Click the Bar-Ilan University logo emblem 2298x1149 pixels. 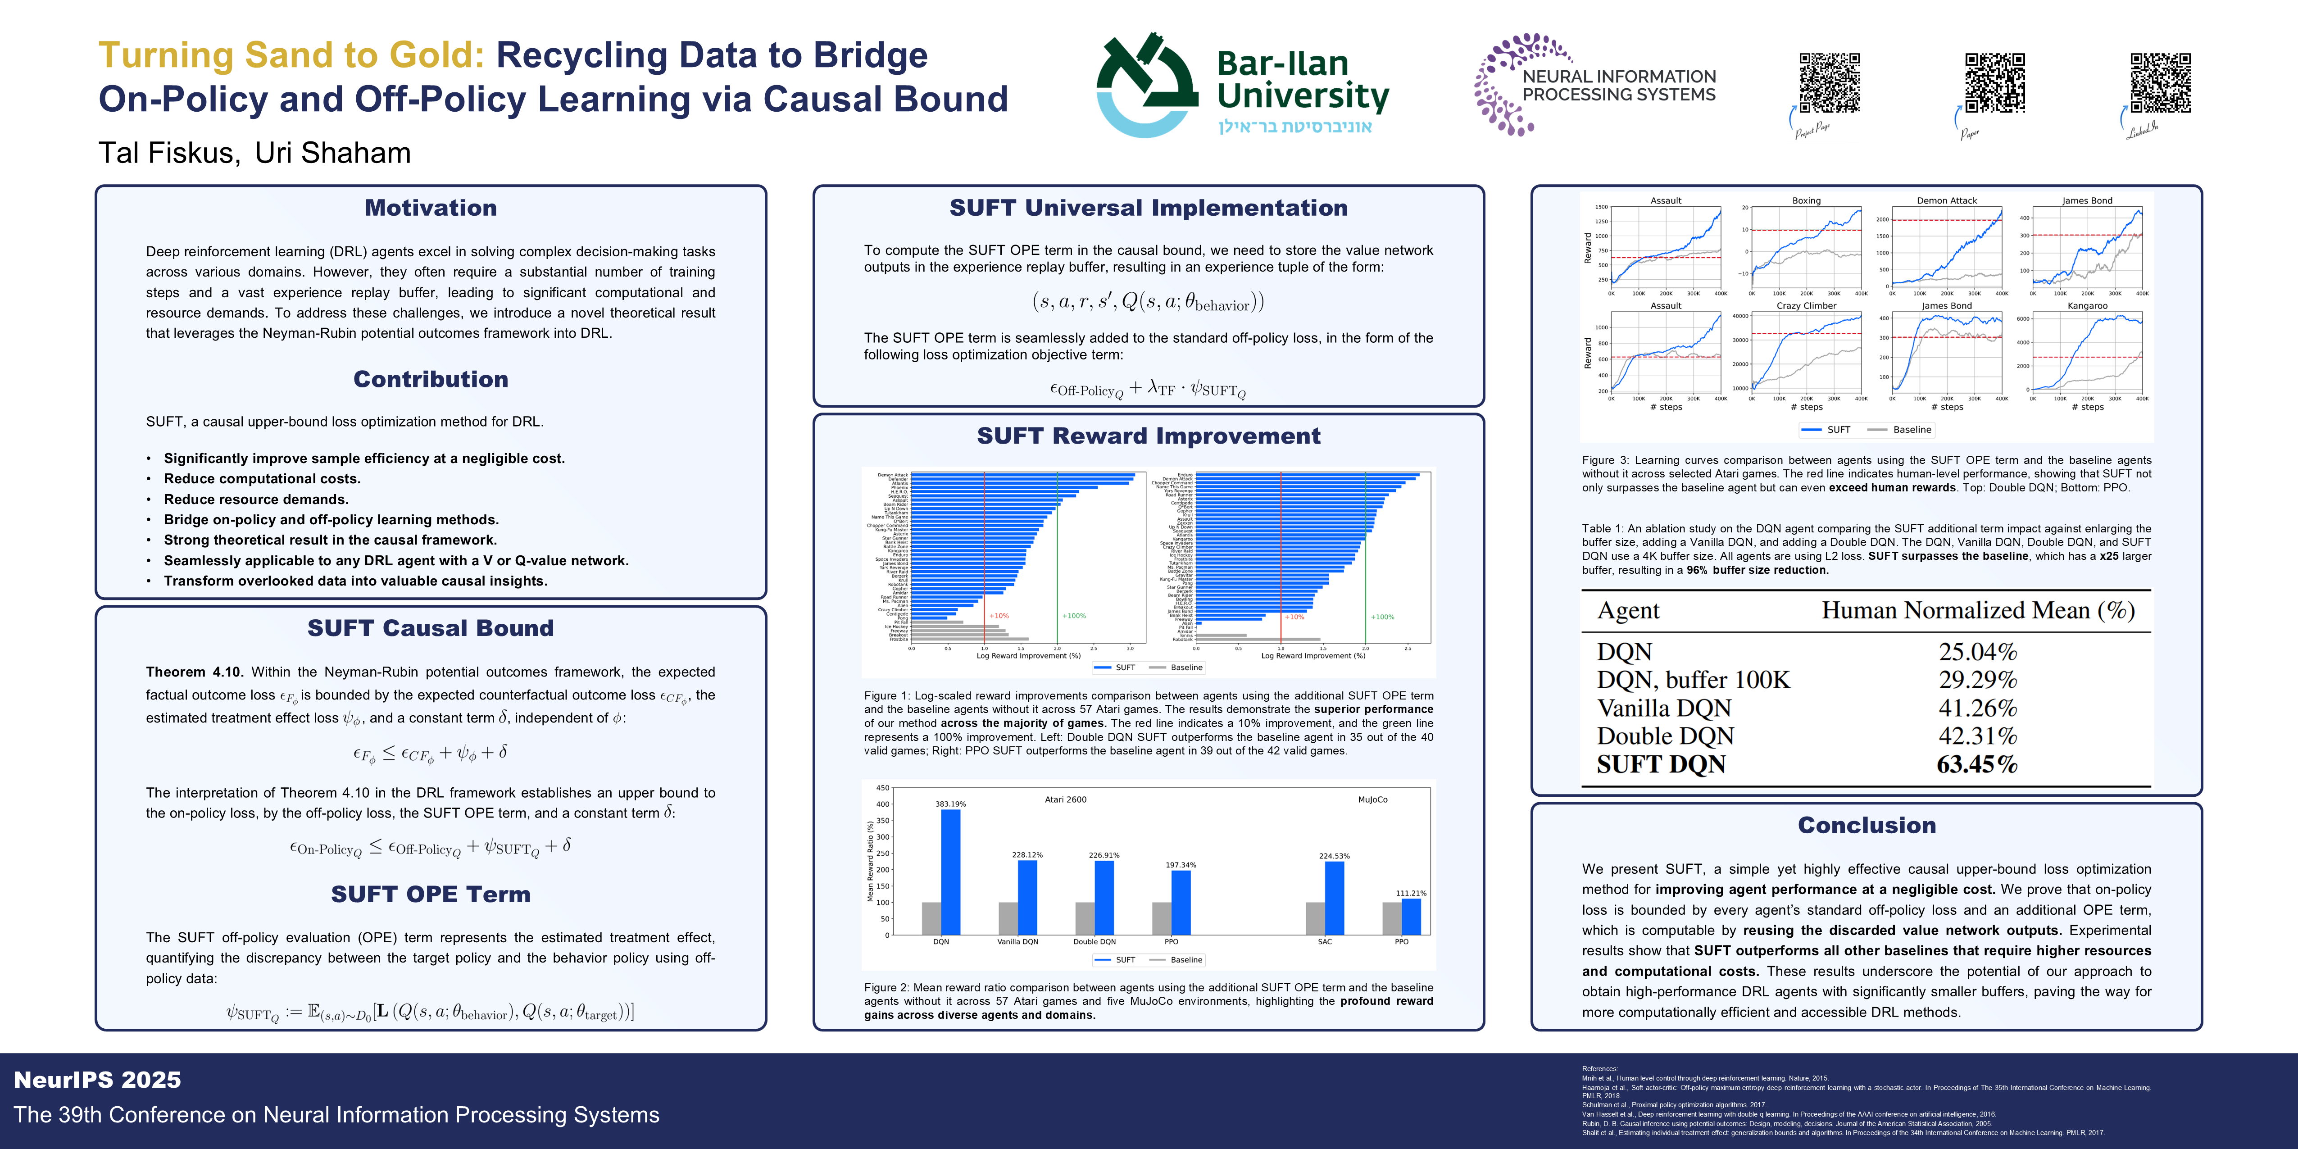[1147, 86]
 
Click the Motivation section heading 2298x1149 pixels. [431, 208]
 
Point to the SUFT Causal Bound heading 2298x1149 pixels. [431, 628]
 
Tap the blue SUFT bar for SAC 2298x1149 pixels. [1335, 897]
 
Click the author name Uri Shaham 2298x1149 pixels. [333, 153]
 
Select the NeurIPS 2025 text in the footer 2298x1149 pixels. [97, 1080]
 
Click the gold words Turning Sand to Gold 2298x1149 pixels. [291, 55]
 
